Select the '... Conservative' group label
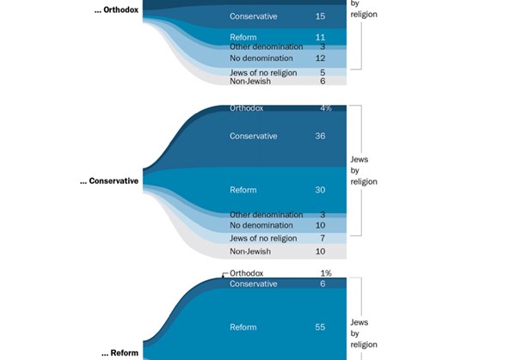point(108,181)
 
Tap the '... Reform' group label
point(120,353)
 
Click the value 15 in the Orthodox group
point(320,16)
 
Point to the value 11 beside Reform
point(320,38)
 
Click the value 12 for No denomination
point(320,58)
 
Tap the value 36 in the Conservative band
point(320,136)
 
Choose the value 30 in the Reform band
point(320,190)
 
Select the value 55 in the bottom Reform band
point(320,327)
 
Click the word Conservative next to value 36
point(254,136)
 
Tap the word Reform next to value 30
point(243,190)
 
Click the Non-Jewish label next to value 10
point(250,252)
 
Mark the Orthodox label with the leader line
point(249,273)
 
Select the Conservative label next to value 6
point(254,284)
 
